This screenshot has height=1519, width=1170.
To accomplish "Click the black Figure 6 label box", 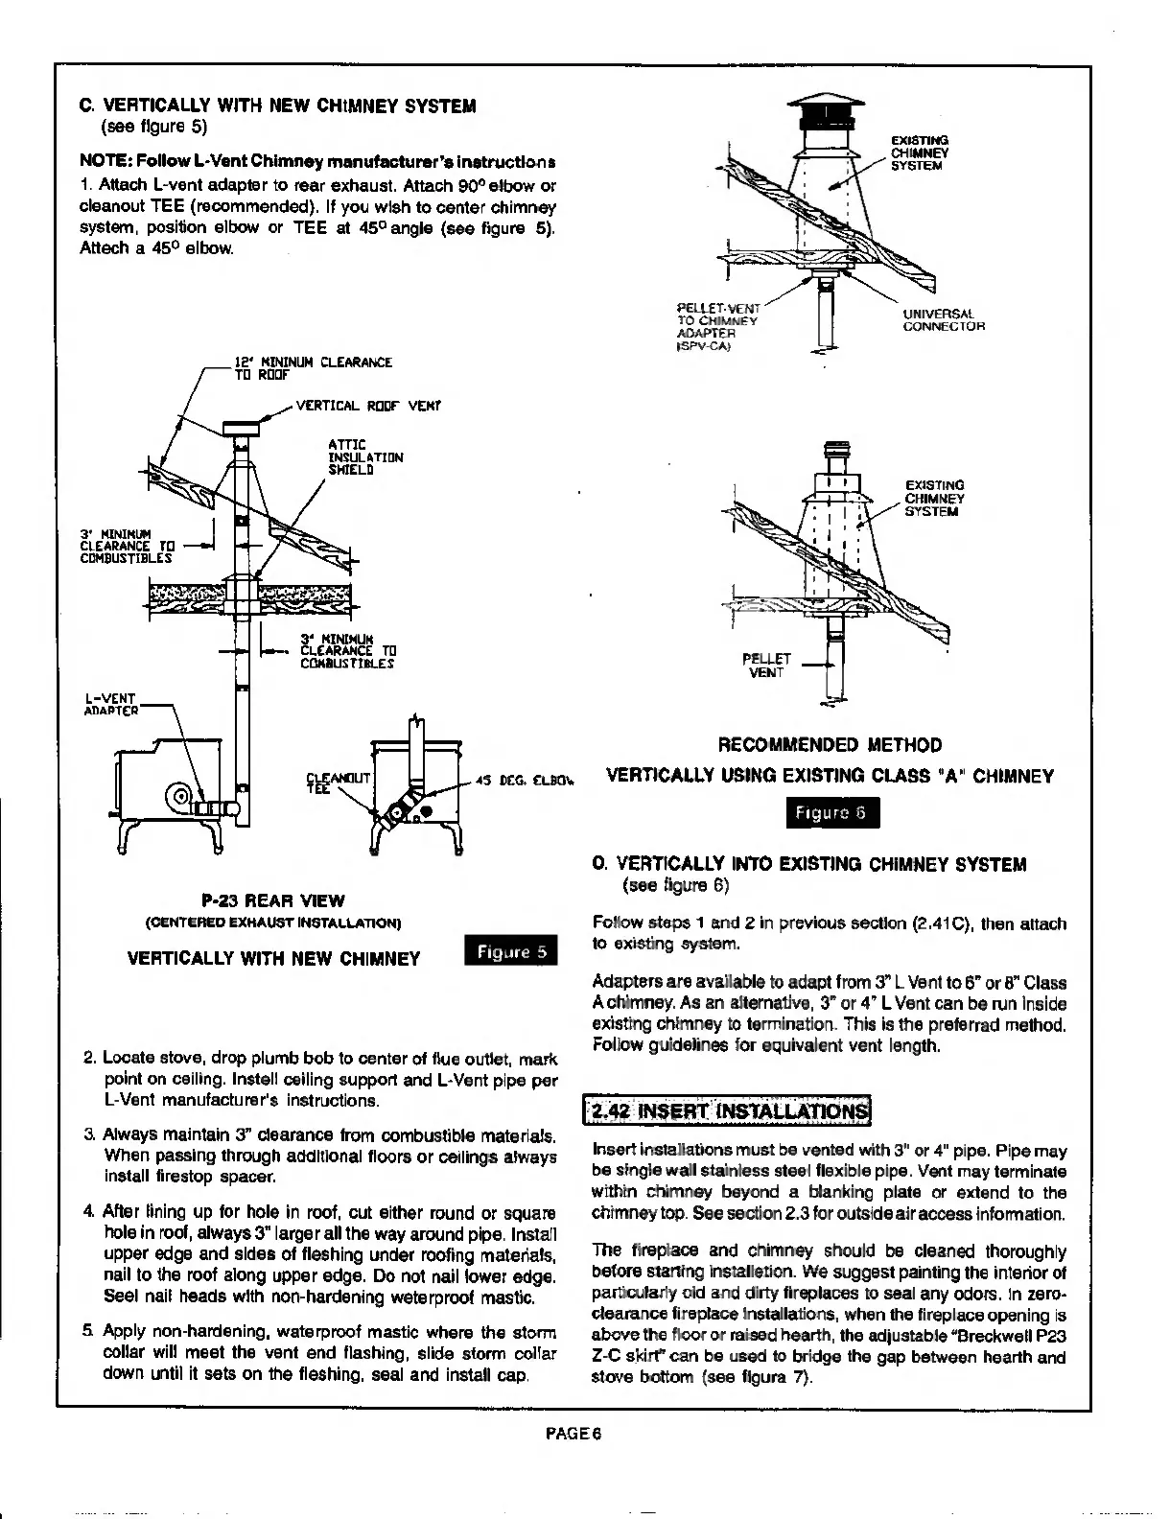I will [x=831, y=814].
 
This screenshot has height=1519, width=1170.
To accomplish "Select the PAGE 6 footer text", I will [x=573, y=1435].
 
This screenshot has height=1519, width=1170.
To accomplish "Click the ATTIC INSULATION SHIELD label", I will [x=365, y=457].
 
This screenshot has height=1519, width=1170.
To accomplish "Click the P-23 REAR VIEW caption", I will [x=273, y=901].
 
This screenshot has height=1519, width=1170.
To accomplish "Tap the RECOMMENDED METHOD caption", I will [x=830, y=745].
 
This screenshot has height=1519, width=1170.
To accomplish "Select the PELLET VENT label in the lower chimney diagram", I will [x=768, y=666].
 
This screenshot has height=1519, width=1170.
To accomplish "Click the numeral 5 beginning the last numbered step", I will [x=87, y=1331].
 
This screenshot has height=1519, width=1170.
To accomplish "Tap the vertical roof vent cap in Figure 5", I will [x=245, y=426].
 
